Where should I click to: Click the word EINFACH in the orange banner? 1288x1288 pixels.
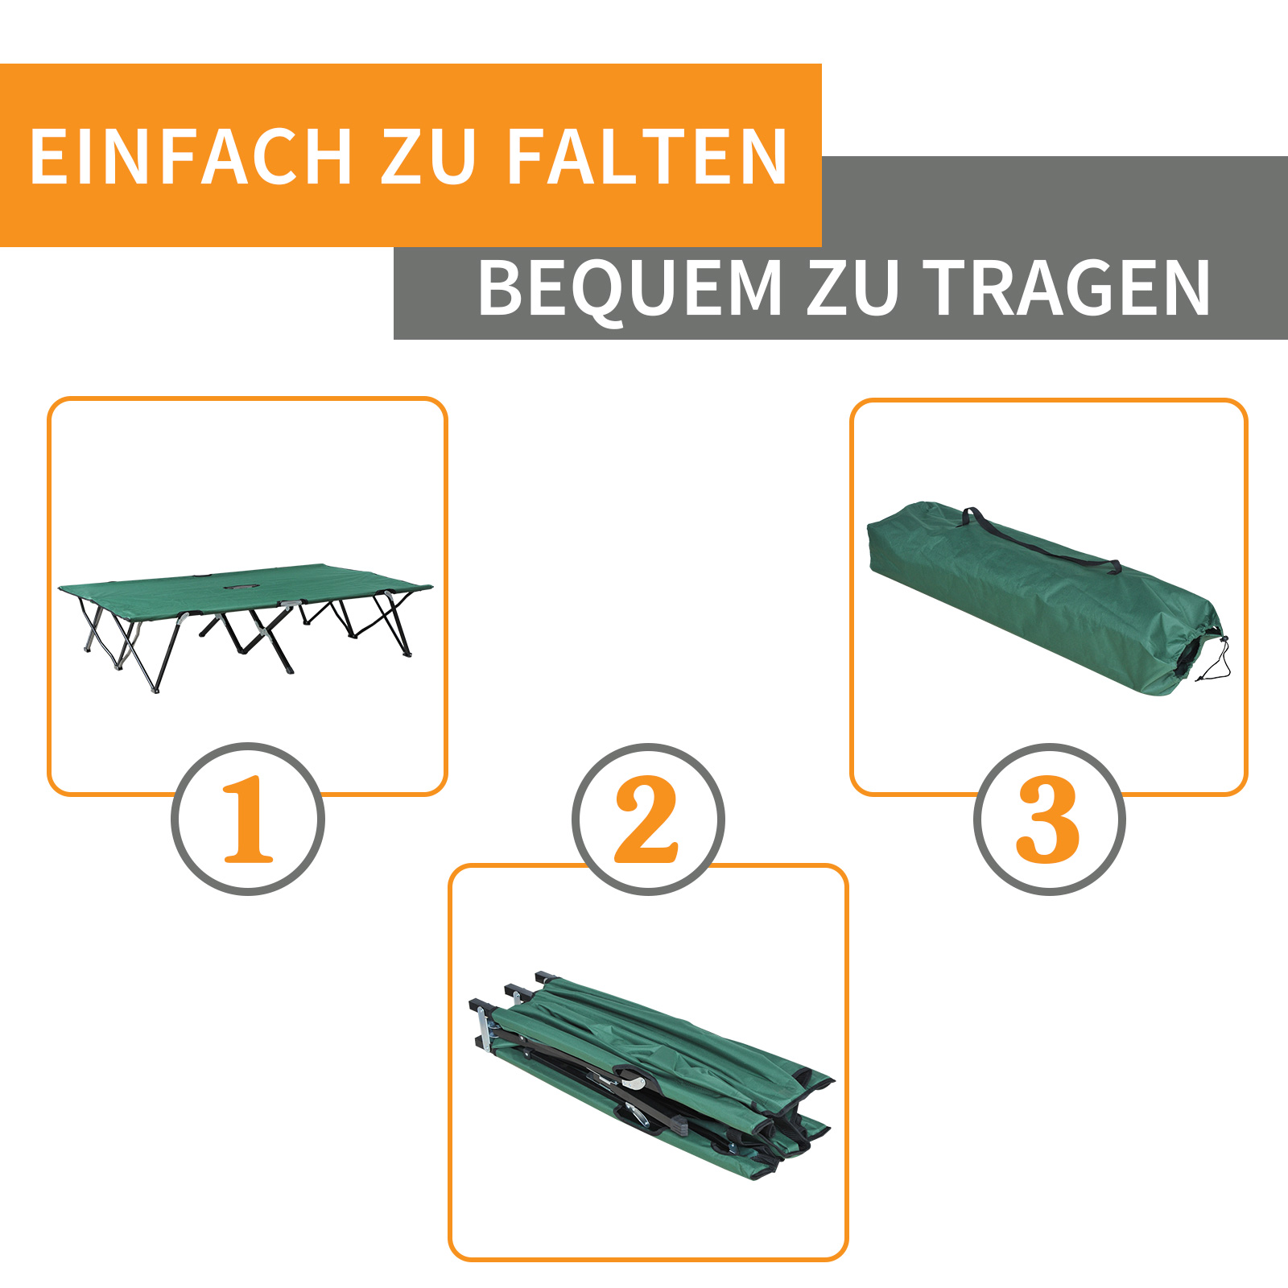coord(191,156)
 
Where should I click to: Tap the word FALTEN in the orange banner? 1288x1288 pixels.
coord(646,156)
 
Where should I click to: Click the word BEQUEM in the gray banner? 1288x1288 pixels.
coord(630,288)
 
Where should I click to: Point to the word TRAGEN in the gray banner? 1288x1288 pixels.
coord(1067,288)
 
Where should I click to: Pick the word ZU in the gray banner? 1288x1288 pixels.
coord(852,288)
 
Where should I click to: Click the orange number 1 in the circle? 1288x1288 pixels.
coord(248,819)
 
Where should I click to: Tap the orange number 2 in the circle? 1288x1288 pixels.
coord(647,819)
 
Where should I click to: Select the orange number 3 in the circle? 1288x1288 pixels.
coord(1048,819)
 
